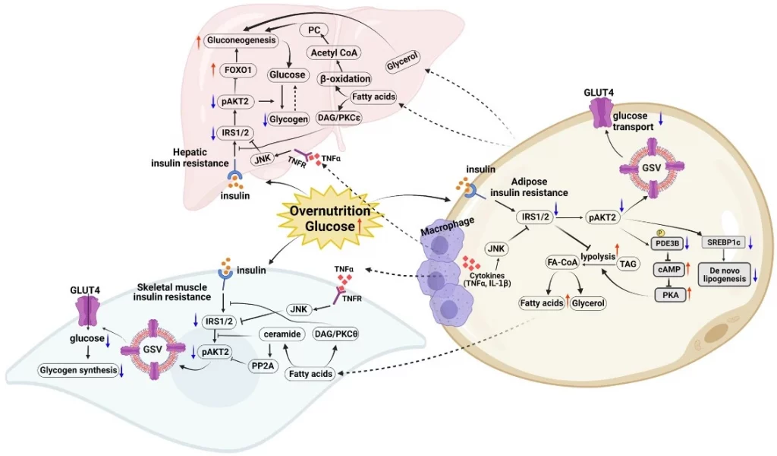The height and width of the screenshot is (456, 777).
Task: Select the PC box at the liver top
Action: pyautogui.click(x=313, y=30)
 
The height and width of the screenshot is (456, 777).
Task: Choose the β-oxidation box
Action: pyautogui.click(x=344, y=78)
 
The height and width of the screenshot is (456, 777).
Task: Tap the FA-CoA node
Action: pyautogui.click(x=565, y=261)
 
